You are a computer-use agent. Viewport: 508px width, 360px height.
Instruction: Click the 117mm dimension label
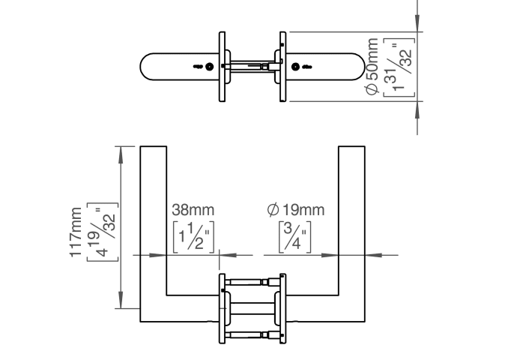coord(76,232)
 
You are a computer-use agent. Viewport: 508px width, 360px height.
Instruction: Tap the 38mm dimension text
coord(193,210)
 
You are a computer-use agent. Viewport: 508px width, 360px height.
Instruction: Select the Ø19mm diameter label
coord(296,210)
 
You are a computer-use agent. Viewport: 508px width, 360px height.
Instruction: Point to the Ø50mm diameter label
coord(372,66)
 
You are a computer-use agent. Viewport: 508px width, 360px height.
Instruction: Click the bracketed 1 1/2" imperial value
coord(194,237)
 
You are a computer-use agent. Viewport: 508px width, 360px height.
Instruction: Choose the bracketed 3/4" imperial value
coord(295,237)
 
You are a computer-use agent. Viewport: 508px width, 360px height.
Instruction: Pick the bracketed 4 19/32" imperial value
coord(103,232)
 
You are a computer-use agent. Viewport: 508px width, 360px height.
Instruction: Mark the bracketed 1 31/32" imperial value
coord(399,67)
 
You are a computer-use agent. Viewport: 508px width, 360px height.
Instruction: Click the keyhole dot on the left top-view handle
coord(210,67)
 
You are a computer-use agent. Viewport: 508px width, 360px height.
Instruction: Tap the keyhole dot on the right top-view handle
coord(295,67)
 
